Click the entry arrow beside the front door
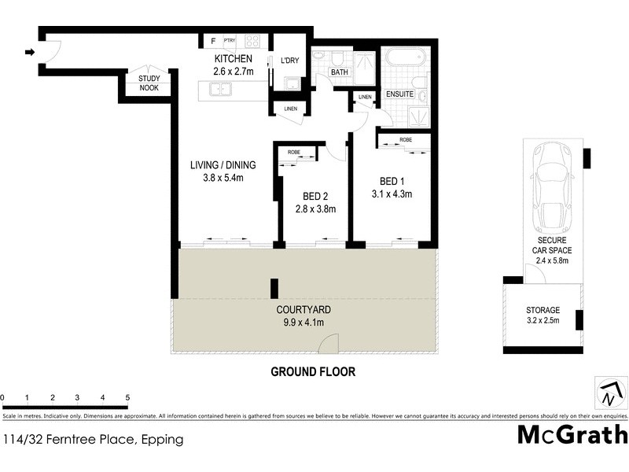point(30,53)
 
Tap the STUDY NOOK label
point(149,83)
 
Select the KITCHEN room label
point(234,59)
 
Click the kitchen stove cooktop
point(252,41)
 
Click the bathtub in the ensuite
point(405,57)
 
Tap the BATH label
point(339,72)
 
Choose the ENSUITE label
point(400,95)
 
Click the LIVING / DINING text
point(223,165)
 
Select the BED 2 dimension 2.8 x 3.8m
point(315,209)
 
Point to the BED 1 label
point(391,179)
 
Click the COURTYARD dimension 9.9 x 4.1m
point(303,323)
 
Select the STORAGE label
point(543,310)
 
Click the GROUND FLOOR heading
point(313,371)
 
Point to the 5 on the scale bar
point(127,398)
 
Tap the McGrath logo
point(572,434)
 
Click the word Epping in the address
point(164,440)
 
